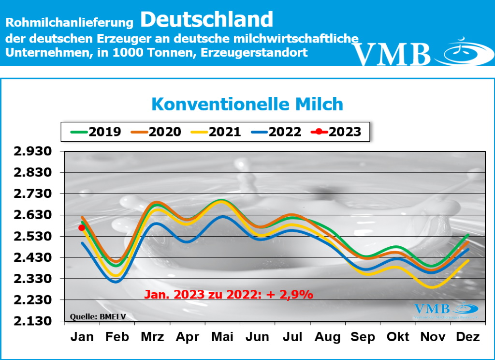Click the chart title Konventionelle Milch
click(247, 104)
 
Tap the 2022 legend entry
click(276, 132)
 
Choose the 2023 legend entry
click(335, 132)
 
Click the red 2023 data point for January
click(82, 227)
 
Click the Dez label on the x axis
click(467, 337)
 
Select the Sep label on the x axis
click(362, 337)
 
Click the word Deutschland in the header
click(207, 19)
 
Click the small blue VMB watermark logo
click(445, 310)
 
